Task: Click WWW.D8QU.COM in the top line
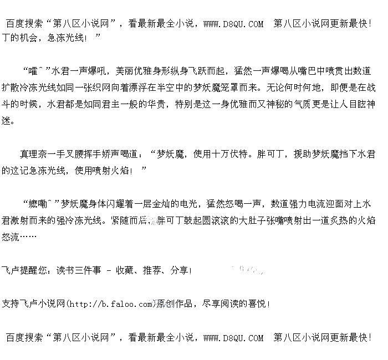click(x=233, y=24)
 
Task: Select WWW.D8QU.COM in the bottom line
click(x=233, y=337)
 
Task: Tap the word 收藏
click(x=125, y=270)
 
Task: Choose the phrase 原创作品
click(x=175, y=304)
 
